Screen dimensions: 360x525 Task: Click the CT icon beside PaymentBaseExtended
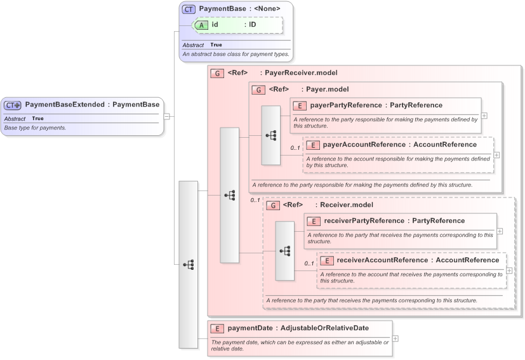13,105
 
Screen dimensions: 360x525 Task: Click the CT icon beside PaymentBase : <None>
189,9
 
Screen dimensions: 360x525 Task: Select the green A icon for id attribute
201,25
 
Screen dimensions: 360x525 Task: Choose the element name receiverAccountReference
382,260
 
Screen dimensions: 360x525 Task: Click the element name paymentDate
250,328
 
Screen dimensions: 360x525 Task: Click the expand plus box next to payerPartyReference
484,116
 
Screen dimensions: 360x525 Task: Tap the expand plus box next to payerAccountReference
496,155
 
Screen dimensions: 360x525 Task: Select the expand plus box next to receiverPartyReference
500,231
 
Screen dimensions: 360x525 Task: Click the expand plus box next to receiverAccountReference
510,270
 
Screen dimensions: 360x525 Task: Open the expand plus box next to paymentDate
395,338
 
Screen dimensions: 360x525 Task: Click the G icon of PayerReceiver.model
217,73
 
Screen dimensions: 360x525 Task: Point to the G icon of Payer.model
258,90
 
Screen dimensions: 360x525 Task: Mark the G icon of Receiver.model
273,205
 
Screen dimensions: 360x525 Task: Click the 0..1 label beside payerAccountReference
295,148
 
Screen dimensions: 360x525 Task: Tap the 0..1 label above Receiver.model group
255,201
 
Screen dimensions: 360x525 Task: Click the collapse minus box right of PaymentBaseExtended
166,116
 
